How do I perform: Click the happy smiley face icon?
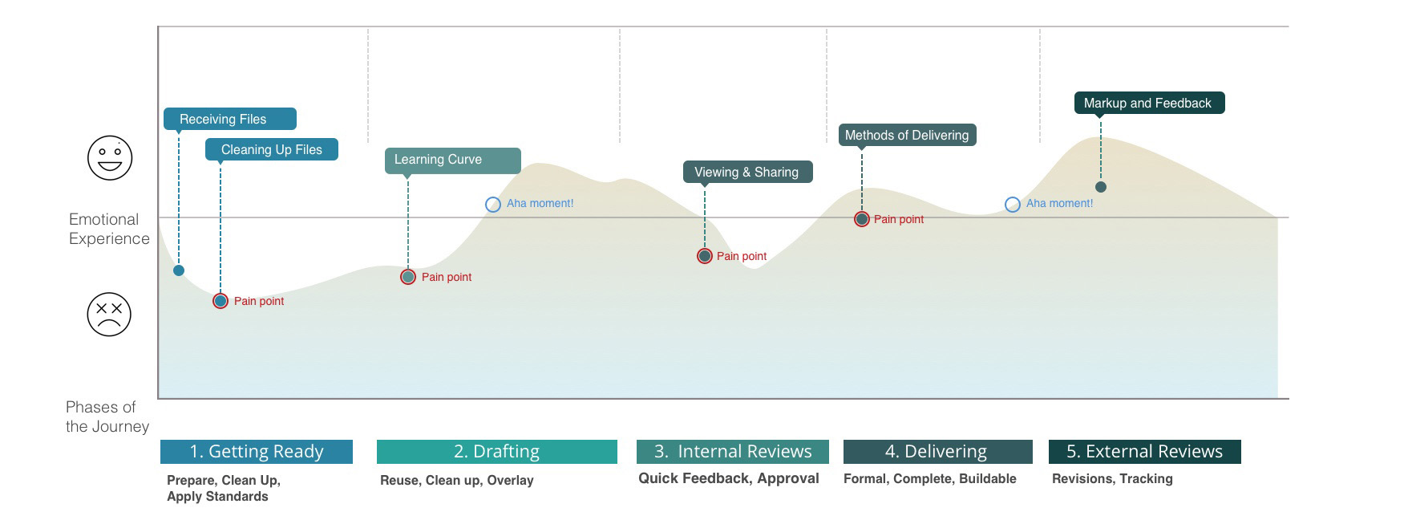110,157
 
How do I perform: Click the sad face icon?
109,314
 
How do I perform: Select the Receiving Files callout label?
229,119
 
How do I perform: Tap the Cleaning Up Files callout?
271,149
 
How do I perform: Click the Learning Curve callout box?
452,160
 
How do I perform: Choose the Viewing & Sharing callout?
747,172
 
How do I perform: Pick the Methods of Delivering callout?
907,135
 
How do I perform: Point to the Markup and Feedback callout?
1148,103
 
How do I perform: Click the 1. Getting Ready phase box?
257,452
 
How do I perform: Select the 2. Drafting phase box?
497,452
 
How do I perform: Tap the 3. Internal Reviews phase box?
733,452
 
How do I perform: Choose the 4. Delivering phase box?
937,452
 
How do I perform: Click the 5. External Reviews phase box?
1144,452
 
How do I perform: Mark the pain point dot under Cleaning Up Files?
221,301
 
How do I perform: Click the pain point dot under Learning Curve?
408,277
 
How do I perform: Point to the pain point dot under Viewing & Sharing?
705,256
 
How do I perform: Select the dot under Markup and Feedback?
1101,187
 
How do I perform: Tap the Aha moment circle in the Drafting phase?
493,205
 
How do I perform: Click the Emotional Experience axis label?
109,229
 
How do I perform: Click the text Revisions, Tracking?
1112,478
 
